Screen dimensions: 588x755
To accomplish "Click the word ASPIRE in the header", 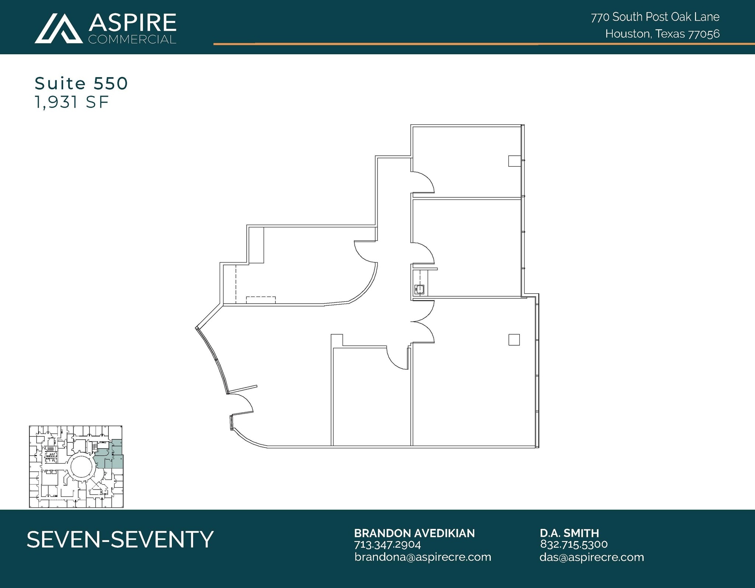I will tap(132, 23).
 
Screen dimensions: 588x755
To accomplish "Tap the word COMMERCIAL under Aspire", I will tap(132, 39).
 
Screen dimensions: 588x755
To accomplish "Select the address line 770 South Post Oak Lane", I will tap(655, 17).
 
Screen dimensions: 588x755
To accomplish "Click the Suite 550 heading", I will tap(81, 83).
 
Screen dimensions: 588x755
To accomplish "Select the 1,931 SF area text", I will tap(72, 102).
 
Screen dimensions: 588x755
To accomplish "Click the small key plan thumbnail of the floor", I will tap(76, 467).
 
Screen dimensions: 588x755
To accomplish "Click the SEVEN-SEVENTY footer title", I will tap(120, 539).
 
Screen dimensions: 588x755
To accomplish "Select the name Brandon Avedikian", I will tap(414, 533).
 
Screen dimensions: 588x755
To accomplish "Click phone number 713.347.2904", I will tap(387, 544).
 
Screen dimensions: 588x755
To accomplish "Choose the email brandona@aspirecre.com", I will tap(423, 557).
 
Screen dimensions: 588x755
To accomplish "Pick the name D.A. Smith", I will tap(569, 533).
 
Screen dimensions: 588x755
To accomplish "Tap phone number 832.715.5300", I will tap(574, 544).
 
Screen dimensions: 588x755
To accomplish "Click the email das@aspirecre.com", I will tap(591, 557).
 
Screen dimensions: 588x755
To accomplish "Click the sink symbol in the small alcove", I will tap(420, 289).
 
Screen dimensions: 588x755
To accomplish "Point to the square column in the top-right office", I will tap(514, 161).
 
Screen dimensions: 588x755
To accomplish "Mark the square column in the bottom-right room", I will tap(514, 340).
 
